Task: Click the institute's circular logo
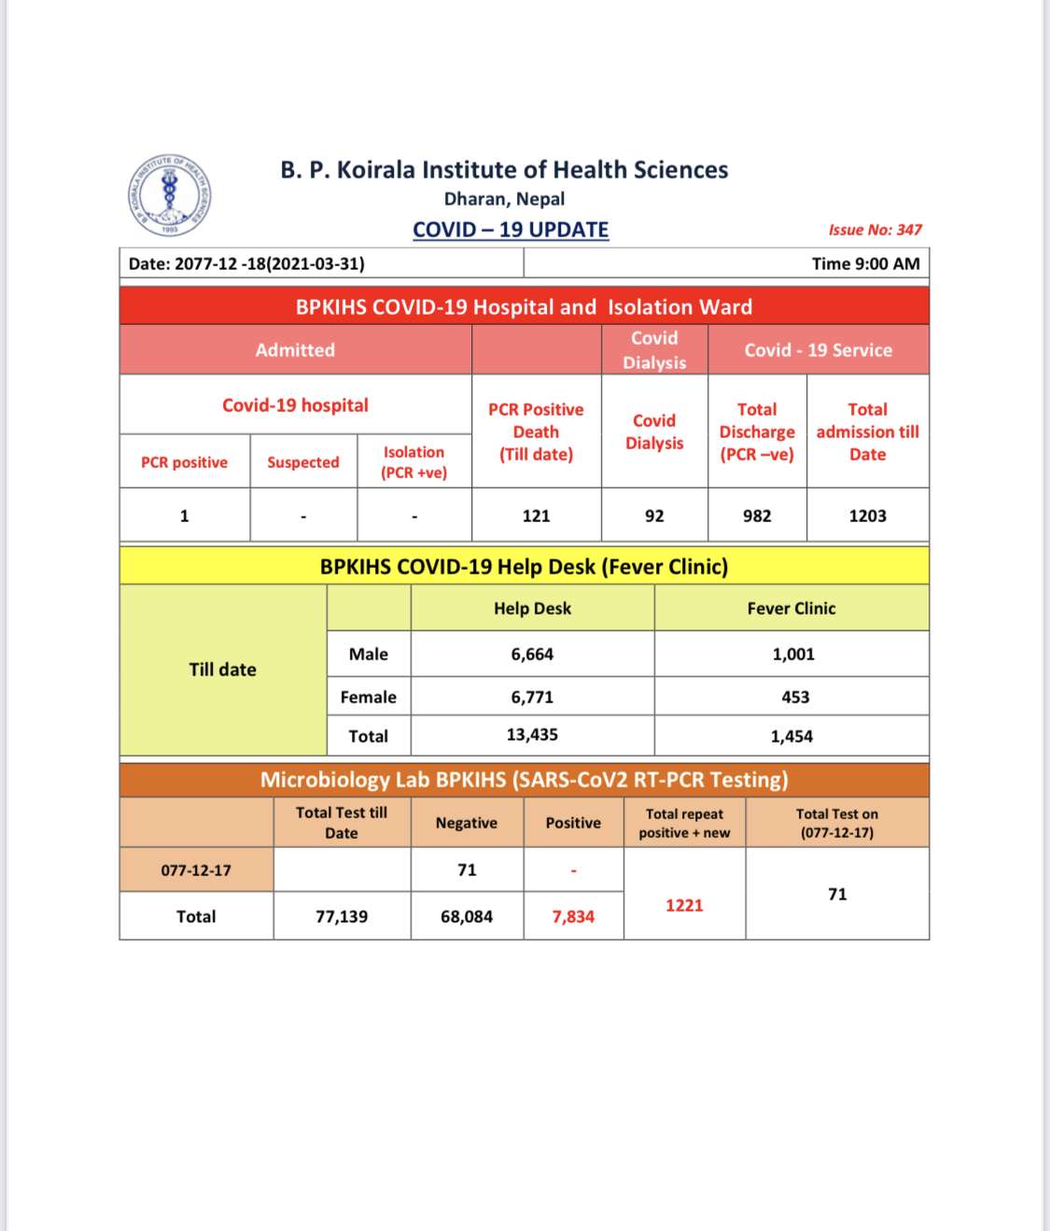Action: point(170,195)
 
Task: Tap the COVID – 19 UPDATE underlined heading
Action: point(511,230)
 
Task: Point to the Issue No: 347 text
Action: point(875,230)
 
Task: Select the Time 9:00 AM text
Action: point(865,263)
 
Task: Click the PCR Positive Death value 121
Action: point(537,516)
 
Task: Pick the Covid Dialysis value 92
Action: point(654,516)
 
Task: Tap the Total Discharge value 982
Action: point(757,516)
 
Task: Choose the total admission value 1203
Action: point(867,516)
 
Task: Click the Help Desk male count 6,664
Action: point(532,654)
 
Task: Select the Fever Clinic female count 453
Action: point(795,697)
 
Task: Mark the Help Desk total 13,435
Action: point(532,735)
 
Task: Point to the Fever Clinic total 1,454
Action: point(791,736)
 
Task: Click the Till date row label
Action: point(222,670)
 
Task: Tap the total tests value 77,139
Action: point(342,916)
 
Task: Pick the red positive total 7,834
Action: point(573,916)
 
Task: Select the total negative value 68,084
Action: point(467,916)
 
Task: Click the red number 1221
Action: point(684,905)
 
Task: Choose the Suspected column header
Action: point(303,462)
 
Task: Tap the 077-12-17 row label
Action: point(196,870)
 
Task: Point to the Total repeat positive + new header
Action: point(684,823)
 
